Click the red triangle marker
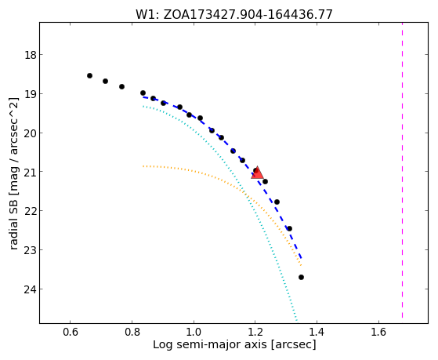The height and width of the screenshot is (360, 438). (257, 173)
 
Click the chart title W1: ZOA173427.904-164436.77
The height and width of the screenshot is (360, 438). (234, 15)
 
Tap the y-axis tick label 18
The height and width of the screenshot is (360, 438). (31, 55)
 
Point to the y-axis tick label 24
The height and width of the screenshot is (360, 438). (31, 289)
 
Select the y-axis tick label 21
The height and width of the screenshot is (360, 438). (31, 172)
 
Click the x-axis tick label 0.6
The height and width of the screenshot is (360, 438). (70, 332)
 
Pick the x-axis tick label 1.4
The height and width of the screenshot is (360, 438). (317, 332)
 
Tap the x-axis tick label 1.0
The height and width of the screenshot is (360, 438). (194, 332)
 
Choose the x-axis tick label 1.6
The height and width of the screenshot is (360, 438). (378, 332)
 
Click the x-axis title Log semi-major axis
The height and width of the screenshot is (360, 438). (210, 345)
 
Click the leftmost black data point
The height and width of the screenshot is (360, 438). (89, 76)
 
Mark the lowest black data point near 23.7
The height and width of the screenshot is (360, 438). (301, 277)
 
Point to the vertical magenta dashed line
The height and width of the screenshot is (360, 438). (402, 170)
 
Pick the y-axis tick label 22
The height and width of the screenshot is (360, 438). (31, 211)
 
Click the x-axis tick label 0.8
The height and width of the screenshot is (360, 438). (132, 332)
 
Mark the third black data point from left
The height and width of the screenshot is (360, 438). (121, 87)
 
